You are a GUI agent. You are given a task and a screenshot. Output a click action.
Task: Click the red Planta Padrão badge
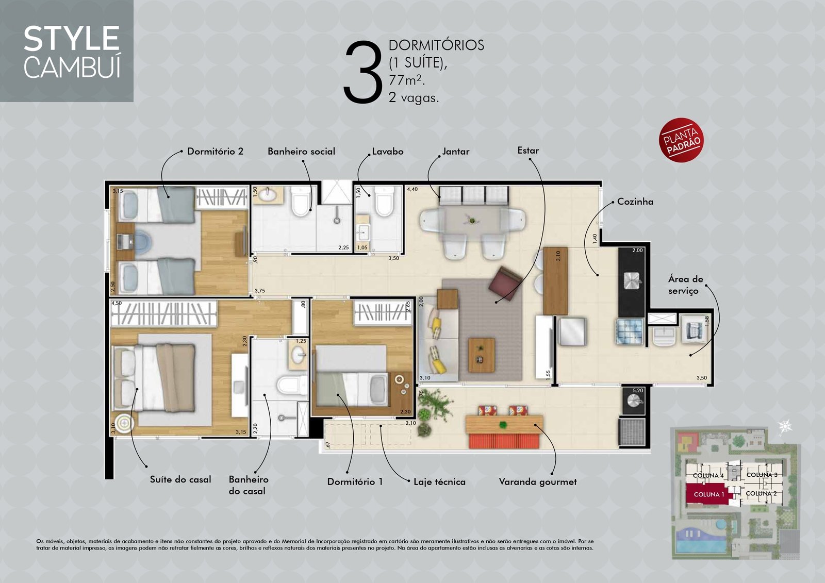(x=681, y=140)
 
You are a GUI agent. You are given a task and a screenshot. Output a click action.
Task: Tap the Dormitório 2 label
(x=215, y=152)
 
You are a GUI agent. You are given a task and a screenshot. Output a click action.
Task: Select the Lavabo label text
(x=387, y=152)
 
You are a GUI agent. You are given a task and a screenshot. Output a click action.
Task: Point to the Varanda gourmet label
(x=538, y=482)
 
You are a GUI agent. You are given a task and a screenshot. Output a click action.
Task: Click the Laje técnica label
(x=439, y=482)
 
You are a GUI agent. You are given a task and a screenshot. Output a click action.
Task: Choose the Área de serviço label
(x=685, y=285)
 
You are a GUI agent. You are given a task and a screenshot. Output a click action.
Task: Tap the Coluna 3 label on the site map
(x=762, y=475)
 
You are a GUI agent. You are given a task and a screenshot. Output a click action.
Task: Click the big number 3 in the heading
(x=363, y=72)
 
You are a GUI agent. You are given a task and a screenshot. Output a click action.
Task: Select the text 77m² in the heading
(x=407, y=80)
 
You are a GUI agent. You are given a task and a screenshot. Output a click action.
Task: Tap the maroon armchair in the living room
(x=505, y=284)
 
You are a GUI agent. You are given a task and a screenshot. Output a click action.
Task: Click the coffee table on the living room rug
(x=482, y=355)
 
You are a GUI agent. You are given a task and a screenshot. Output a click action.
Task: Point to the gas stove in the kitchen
(x=630, y=331)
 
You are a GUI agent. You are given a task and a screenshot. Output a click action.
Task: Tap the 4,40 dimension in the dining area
(x=412, y=189)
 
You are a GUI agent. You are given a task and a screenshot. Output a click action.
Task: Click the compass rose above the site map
(x=785, y=427)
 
